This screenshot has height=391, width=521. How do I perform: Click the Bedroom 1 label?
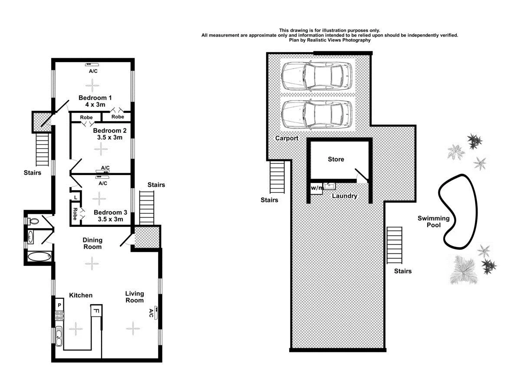92,97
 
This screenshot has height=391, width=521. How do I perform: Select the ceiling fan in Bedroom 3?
99,199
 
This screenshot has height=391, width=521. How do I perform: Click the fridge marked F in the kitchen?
96,311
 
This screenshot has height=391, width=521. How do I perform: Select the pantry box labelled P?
59,306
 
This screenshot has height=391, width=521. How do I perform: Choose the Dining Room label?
92,243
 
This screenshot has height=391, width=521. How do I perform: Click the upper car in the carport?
317,75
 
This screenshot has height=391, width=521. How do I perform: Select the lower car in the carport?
317,115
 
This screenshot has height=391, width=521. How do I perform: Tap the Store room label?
336,159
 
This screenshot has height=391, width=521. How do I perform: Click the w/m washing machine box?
316,188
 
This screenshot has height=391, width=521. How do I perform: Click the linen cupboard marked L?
76,197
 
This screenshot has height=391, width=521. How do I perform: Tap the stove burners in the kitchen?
59,316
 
